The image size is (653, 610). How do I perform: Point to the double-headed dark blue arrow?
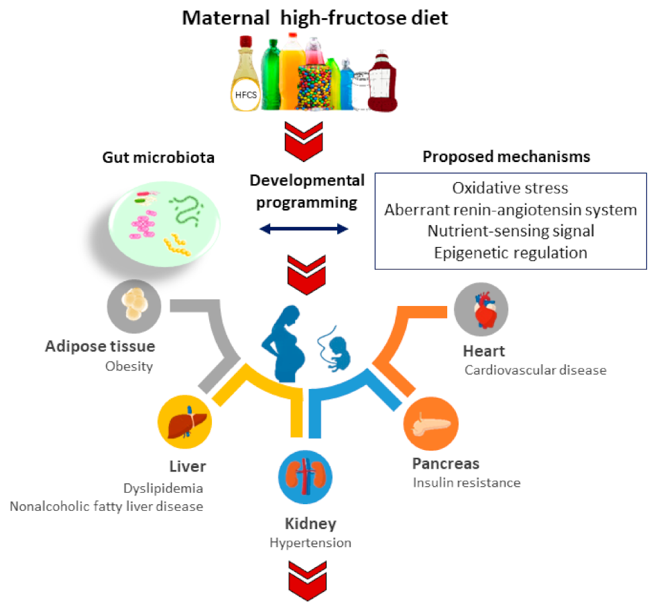tap(304, 230)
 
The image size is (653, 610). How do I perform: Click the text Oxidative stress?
tap(510, 188)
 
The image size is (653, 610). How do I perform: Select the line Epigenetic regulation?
tap(510, 252)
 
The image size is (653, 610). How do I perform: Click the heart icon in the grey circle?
tap(481, 309)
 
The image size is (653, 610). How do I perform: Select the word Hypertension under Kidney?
tap(310, 542)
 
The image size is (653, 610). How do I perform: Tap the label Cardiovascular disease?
tap(535, 370)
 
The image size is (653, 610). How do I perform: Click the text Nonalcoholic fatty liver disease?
tap(106, 506)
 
